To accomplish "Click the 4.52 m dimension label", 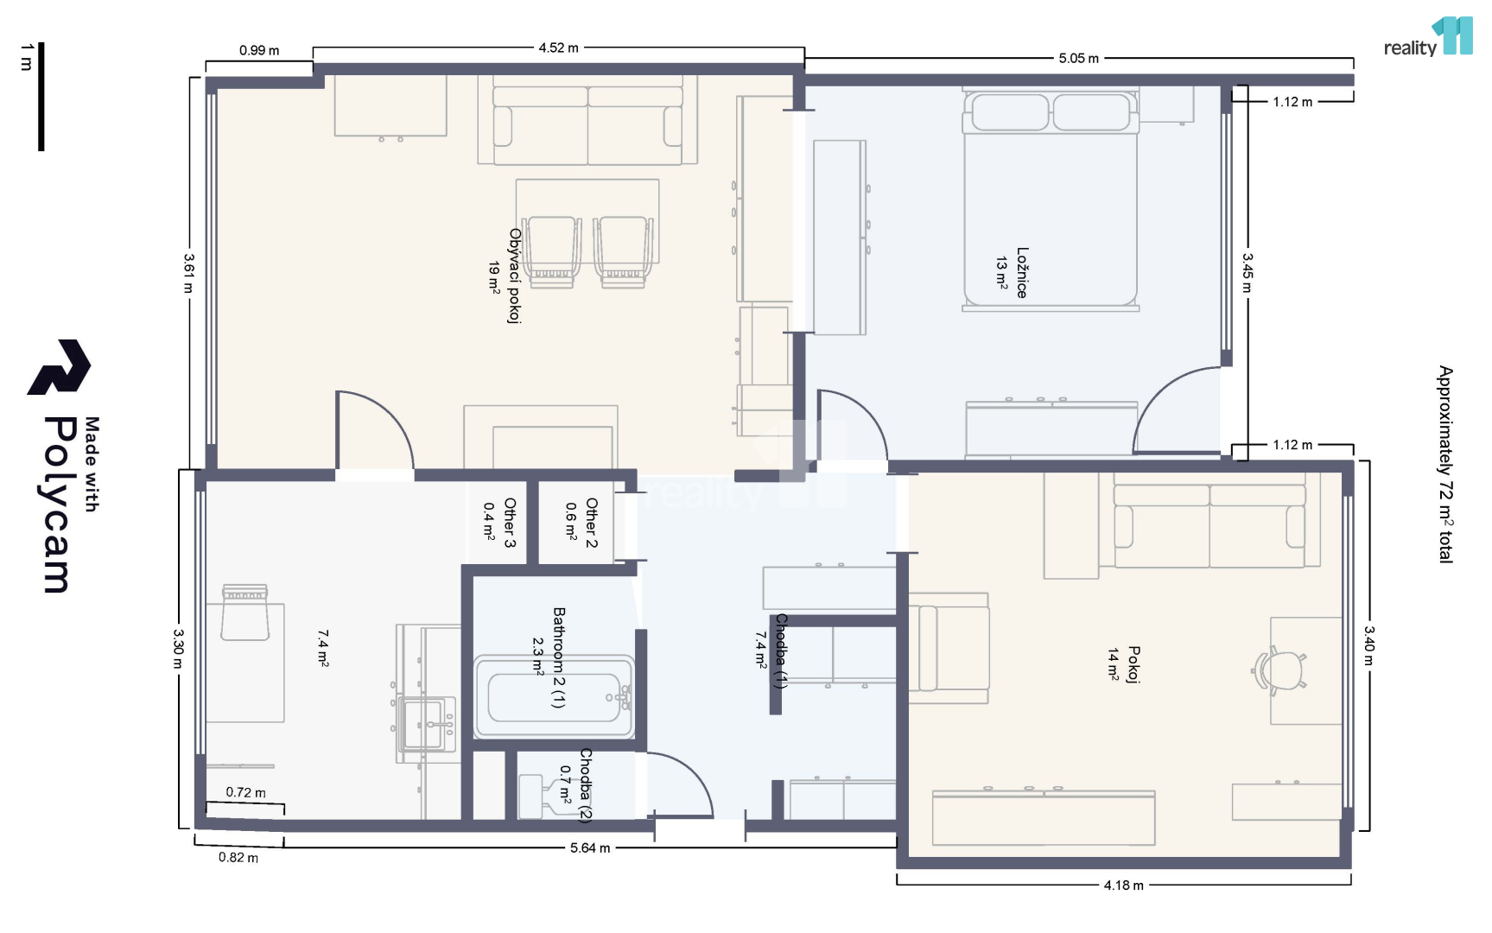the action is coord(558,48).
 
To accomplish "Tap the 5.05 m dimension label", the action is coord(1078,59).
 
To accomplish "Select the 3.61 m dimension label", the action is coord(188,273).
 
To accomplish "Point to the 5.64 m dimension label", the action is coord(590,848).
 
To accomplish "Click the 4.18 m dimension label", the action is coord(1123,885).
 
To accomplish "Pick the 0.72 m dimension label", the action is coord(246,792).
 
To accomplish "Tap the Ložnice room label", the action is coord(1022,273).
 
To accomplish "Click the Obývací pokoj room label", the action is coord(515,276).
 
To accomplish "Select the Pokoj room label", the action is coord(1134,664).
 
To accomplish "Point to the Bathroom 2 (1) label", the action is coord(559,657).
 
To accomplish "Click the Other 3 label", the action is coord(510,523).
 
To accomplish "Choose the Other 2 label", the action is coord(592,523).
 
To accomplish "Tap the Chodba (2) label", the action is coord(586,785).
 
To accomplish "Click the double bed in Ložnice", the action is coord(1051,199).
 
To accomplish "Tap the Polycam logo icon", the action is coord(59,367).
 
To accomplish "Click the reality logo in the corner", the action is coord(1428,37).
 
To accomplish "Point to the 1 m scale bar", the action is coord(41,97).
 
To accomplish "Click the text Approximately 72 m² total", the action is coord(1445,465).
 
